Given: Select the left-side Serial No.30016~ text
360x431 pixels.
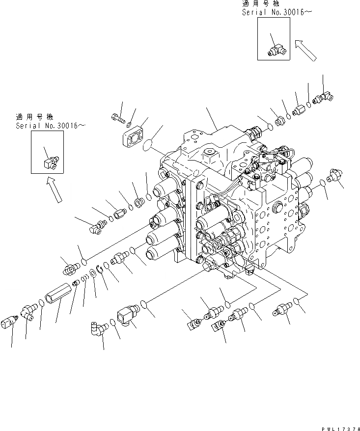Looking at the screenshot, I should coord(50,126).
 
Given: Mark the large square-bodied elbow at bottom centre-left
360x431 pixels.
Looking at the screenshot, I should coord(127,315).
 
